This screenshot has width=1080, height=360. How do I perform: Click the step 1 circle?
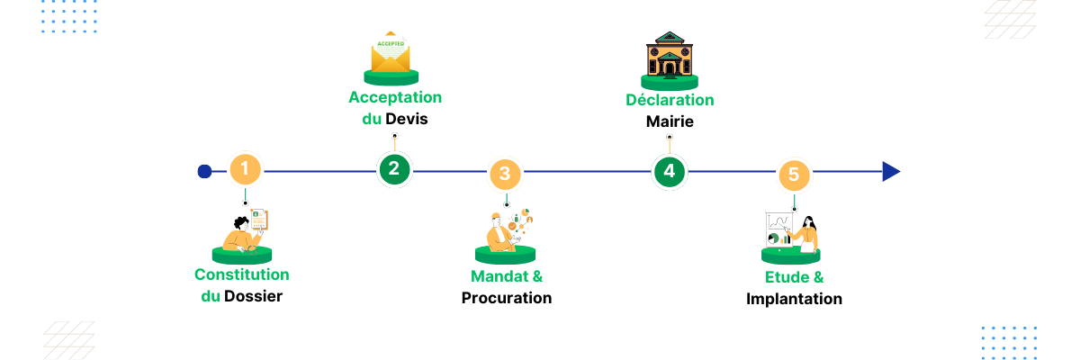tap(245, 168)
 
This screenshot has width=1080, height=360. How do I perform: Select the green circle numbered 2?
tap(394, 168)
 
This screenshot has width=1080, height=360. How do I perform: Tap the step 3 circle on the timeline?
tap(505, 173)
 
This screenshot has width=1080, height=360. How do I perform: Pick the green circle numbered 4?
tap(669, 171)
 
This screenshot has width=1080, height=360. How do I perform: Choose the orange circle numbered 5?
tap(793, 174)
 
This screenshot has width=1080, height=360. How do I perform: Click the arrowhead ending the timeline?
tap(891, 172)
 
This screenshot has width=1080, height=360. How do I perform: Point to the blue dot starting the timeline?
tap(204, 172)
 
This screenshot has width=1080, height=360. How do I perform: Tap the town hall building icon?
tap(669, 55)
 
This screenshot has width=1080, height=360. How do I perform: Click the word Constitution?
tap(242, 274)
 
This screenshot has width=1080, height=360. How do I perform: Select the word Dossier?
tap(253, 295)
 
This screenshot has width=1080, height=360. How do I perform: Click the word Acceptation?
tap(395, 97)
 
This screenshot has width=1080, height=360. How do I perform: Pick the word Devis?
tap(406, 119)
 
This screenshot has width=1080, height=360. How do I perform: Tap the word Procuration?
tap(507, 298)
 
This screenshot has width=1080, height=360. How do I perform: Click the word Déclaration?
tap(670, 100)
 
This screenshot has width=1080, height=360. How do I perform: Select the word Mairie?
tap(670, 121)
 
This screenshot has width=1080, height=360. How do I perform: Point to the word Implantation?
tap(794, 299)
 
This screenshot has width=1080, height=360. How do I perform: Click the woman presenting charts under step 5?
tap(794, 231)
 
